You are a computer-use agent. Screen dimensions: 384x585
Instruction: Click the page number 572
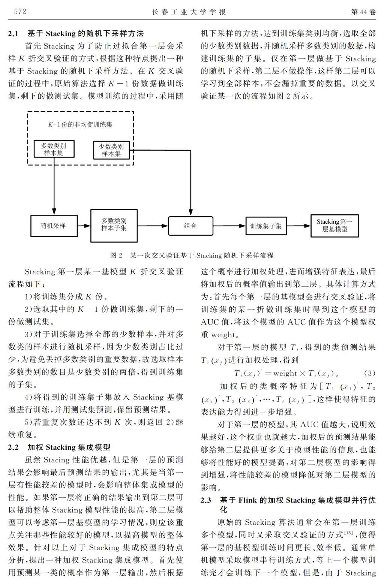tap(20, 12)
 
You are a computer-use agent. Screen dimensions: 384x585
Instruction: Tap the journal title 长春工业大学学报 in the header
tap(189, 12)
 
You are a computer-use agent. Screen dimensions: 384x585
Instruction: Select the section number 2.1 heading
tap(13, 34)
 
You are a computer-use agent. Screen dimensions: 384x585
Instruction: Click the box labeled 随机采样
tap(54, 226)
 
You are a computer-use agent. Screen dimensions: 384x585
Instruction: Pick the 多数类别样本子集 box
tap(114, 226)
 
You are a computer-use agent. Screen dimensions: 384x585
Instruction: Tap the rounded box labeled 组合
tap(190, 226)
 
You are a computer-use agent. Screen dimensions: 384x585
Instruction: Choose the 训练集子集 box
tap(266, 226)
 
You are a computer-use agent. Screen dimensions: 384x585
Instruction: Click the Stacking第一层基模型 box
tap(334, 226)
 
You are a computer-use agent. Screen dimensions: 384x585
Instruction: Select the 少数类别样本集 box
tap(111, 150)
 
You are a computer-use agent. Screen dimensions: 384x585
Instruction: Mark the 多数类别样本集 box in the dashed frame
tap(54, 149)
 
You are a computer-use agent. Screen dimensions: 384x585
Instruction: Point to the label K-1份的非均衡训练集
tap(80, 124)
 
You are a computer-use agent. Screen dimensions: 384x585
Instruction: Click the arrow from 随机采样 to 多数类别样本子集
tap(84, 226)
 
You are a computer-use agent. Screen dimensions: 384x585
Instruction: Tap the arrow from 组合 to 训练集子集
tap(229, 226)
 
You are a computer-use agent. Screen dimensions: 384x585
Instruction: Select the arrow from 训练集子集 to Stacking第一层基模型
tap(298, 226)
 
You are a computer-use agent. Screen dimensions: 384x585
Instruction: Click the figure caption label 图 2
tap(116, 255)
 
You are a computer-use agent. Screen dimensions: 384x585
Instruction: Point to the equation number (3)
tap(370, 373)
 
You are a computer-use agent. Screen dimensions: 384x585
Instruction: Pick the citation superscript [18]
tap(348, 532)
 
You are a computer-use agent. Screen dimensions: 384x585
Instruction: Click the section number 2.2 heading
tap(13, 447)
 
